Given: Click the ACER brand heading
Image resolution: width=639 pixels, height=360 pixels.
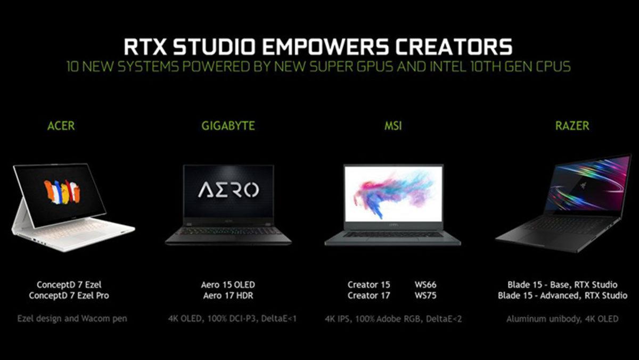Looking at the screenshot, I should tap(61, 126).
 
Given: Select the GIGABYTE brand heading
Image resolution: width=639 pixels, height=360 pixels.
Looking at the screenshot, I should tap(228, 126).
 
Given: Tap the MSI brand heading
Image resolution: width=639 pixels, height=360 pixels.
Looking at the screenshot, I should tap(393, 126).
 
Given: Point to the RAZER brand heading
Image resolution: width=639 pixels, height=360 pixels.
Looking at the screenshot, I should tap(572, 126).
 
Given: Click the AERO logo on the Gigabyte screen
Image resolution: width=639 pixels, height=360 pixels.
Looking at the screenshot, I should tap(228, 190).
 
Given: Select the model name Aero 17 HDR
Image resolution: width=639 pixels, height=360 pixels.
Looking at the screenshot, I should tap(228, 296).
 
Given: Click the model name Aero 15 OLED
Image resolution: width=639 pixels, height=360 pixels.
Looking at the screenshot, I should tap(228, 285).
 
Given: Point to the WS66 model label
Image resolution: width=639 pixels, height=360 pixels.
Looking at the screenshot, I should tap(425, 285).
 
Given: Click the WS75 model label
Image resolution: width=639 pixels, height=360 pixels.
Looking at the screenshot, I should tap(425, 296).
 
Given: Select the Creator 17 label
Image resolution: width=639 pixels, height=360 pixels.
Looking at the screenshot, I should tap(368, 296).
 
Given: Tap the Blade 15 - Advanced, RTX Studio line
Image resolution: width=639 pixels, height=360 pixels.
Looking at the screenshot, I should tap(562, 296).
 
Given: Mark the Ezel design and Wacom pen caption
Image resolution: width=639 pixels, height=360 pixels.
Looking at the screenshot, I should tap(72, 319).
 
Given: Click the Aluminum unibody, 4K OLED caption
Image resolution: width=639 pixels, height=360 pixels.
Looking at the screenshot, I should tap(562, 319).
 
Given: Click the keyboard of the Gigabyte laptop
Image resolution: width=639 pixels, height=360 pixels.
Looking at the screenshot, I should tap(228, 231).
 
